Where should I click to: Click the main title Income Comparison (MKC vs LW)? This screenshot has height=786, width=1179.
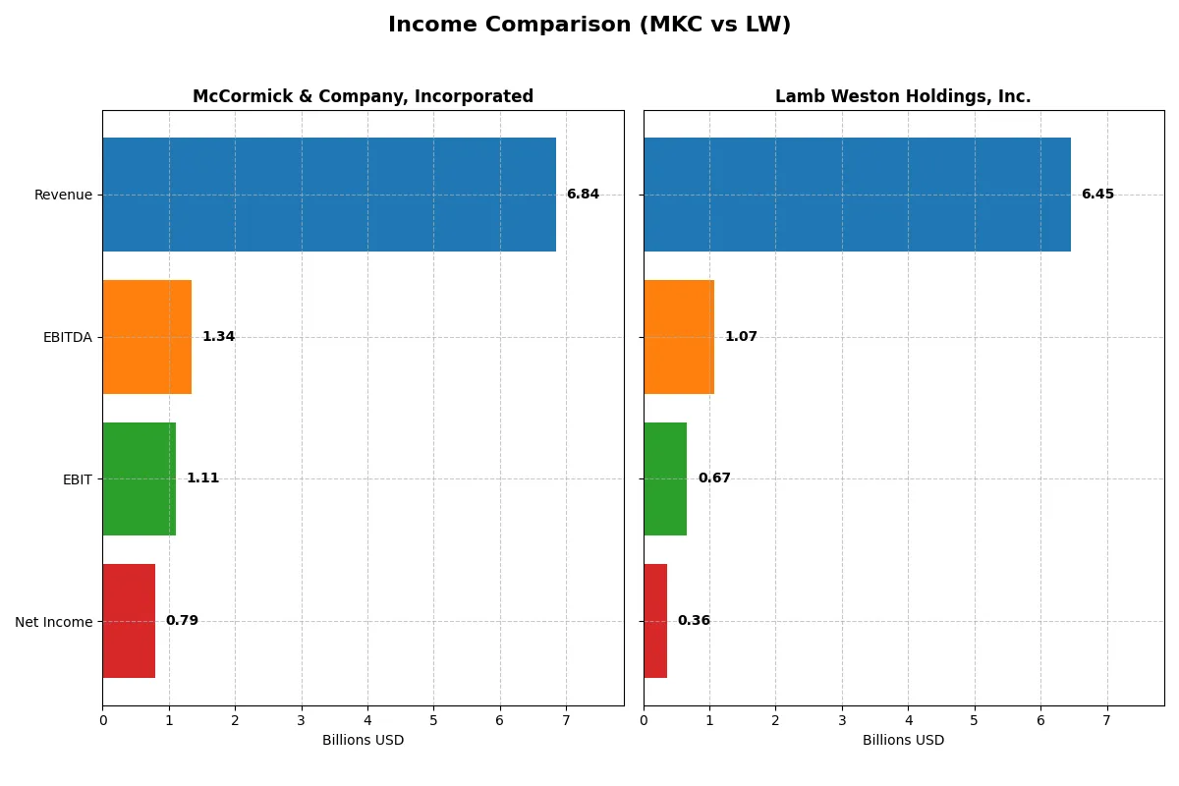tap(589, 26)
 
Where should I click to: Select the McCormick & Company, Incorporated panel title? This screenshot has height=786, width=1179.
tap(363, 96)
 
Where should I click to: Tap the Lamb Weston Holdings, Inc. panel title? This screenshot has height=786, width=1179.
tap(903, 96)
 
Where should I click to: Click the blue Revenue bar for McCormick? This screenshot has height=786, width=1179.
tap(329, 195)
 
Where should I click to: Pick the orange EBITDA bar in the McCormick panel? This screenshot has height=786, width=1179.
tap(147, 337)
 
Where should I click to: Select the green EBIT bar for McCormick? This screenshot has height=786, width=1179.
tap(140, 479)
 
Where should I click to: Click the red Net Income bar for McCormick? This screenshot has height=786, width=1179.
tap(129, 621)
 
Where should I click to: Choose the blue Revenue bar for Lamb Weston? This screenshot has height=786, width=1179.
tap(857, 195)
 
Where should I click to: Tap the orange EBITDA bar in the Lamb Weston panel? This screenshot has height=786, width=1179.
tap(679, 337)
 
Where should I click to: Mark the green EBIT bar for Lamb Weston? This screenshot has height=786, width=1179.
tap(665, 479)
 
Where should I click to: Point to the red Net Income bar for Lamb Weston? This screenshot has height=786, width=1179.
tap(655, 621)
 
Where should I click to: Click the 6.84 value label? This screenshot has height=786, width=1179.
tap(583, 195)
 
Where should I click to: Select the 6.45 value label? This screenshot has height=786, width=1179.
tap(1097, 195)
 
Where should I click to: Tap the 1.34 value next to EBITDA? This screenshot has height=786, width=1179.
tap(218, 337)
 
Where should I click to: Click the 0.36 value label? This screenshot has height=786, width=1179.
tap(694, 621)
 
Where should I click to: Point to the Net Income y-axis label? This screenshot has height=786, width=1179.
tap(54, 622)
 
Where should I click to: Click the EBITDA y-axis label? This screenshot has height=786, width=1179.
tap(68, 337)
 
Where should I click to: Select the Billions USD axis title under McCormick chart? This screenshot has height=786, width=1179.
tap(363, 741)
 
